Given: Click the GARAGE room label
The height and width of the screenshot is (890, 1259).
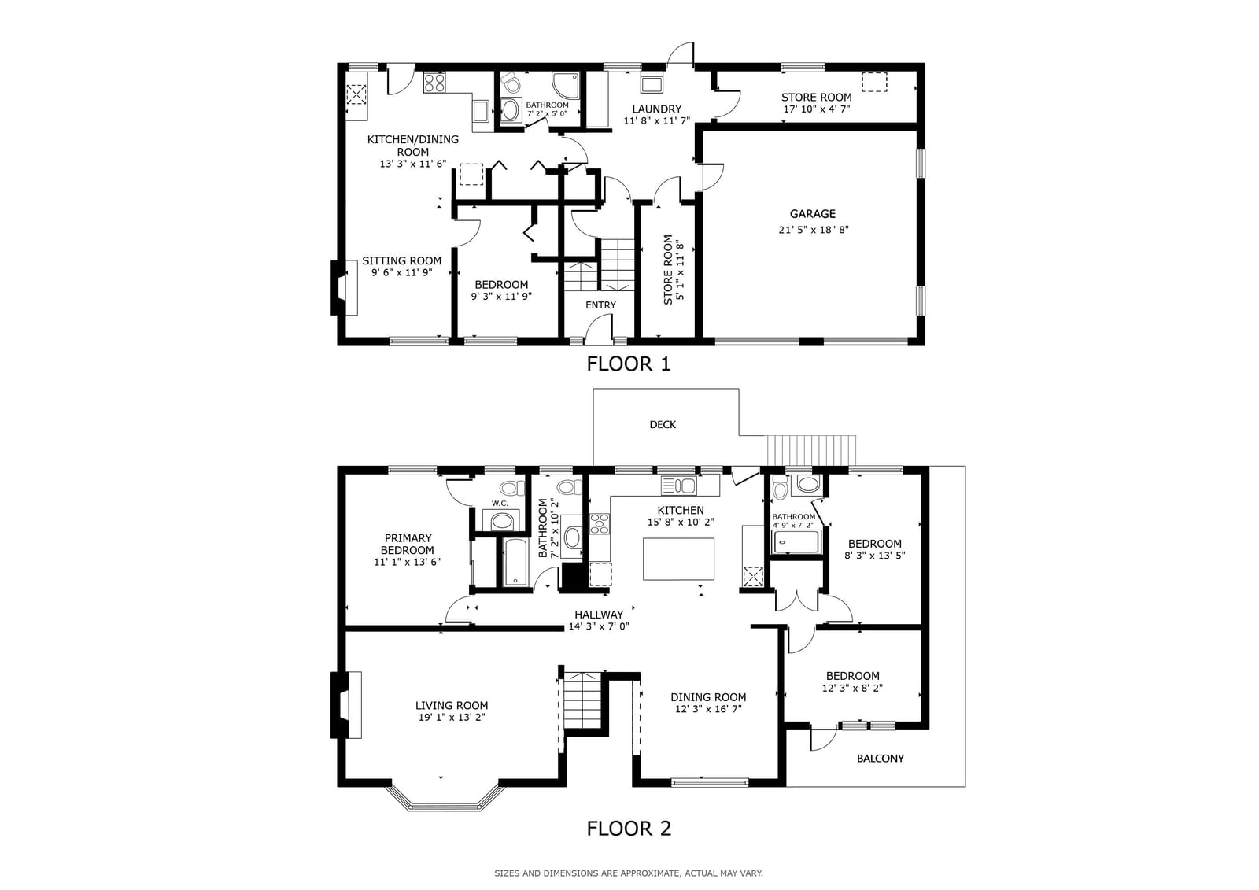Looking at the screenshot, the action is (812, 213).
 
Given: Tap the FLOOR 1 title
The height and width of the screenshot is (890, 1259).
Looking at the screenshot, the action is (629, 364).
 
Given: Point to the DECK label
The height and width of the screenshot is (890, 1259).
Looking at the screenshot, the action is (663, 424).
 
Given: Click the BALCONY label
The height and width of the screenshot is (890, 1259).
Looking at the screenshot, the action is (881, 759).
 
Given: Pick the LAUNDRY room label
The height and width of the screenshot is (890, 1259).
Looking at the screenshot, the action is (656, 109).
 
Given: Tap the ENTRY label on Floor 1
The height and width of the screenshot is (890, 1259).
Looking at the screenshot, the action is (600, 305).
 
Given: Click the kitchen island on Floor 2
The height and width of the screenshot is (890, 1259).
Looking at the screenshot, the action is (678, 559).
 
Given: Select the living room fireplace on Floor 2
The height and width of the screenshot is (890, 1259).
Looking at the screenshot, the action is (345, 705).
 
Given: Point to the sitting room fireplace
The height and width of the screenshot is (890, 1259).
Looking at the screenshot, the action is (344, 287).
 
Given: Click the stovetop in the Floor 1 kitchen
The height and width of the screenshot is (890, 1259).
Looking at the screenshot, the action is (434, 83).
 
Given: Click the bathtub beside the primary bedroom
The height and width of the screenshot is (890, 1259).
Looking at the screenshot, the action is (515, 562).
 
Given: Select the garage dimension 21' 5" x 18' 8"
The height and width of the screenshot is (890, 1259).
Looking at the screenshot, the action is (813, 230).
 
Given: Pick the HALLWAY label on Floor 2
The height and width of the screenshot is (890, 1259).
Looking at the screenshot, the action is (599, 615).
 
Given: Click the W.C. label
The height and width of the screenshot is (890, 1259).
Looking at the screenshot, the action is (500, 503).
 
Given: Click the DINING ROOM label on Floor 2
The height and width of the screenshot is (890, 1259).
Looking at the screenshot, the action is (708, 697).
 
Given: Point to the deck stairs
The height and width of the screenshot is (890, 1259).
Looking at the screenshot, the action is (811, 450).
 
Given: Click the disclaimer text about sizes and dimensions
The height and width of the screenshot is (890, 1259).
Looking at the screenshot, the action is (629, 873).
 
